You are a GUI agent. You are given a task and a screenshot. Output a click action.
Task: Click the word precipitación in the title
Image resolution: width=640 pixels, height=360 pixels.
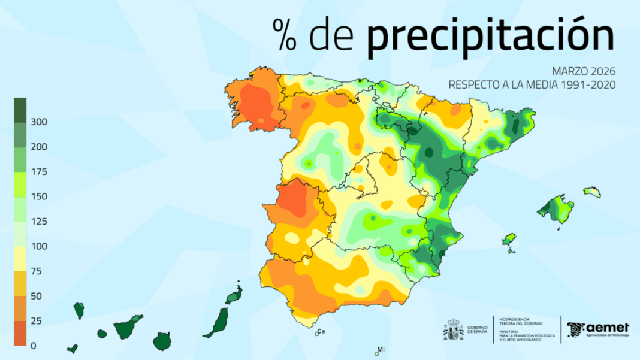490,35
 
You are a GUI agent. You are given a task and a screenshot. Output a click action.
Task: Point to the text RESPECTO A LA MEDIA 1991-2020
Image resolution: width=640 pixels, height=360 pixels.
532,85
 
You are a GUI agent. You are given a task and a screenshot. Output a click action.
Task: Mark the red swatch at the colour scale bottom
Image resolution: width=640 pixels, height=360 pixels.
20,334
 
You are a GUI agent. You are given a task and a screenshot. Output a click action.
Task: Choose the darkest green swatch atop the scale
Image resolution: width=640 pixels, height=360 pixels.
20,110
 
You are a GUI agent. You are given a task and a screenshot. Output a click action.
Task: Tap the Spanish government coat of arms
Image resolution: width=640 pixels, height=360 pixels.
454,330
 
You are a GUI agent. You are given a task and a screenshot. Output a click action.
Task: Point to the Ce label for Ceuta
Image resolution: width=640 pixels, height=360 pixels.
322,331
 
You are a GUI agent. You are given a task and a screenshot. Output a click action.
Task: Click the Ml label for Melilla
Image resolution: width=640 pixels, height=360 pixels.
381,349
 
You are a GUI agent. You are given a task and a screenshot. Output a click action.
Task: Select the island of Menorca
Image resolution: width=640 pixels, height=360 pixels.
591,192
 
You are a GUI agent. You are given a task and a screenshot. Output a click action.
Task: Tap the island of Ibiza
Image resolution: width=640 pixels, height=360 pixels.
510,240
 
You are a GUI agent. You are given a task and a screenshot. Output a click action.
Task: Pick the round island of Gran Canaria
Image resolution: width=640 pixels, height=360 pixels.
162,341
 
